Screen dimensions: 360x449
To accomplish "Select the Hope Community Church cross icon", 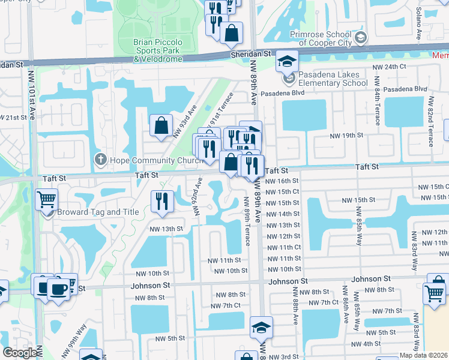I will click(x=100, y=160).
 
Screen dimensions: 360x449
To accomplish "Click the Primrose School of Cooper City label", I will click(x=328, y=39).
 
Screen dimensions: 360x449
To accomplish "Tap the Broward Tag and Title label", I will click(x=98, y=212).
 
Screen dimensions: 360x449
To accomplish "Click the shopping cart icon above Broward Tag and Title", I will click(x=46, y=199).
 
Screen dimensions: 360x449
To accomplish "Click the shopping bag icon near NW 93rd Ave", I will click(x=161, y=126).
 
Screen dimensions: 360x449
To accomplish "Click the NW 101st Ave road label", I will click(x=31, y=95).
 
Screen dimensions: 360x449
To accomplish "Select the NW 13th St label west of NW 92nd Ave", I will click(x=166, y=229).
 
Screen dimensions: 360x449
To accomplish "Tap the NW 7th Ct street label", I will click(x=226, y=305).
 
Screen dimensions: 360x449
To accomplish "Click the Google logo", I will click(x=20, y=353).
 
